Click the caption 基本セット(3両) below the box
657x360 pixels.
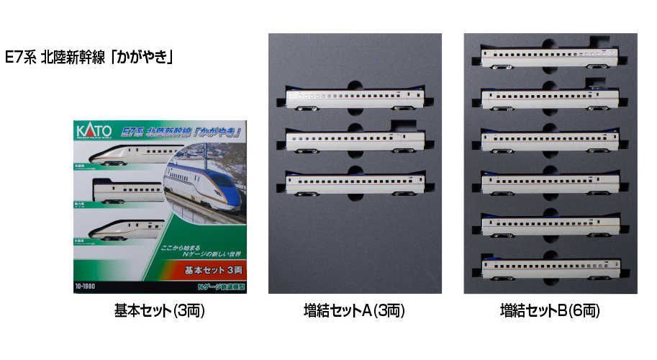point(155,311)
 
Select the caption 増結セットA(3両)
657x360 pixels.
point(354,311)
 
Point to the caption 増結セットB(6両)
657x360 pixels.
point(550,311)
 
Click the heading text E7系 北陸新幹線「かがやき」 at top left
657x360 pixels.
point(91,58)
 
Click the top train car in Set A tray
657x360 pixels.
point(353,99)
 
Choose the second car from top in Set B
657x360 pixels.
point(549,99)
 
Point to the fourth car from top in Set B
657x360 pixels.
point(549,184)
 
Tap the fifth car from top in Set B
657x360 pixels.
point(549,225)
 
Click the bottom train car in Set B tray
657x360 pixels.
point(549,268)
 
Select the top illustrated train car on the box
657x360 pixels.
point(127,154)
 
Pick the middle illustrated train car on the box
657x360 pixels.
point(128,192)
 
